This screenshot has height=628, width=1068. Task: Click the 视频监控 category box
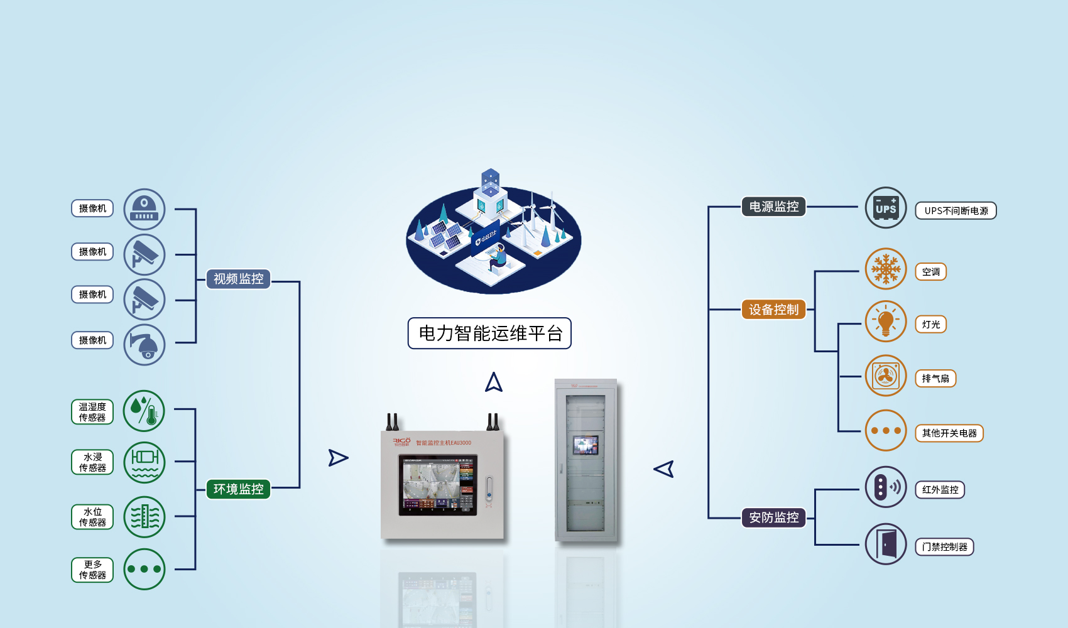(x=238, y=279)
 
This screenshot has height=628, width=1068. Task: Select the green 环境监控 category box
(x=238, y=489)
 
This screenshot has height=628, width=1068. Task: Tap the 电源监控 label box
(x=773, y=207)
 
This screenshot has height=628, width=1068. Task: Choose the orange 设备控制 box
(x=773, y=310)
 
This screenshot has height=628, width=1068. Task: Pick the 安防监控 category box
(x=773, y=517)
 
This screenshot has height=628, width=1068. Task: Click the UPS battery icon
(x=886, y=208)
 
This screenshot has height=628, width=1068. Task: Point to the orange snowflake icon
(x=886, y=269)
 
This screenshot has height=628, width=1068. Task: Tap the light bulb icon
(x=886, y=322)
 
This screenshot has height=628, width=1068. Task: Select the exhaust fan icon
(x=886, y=376)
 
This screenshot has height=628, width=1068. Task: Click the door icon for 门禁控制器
(x=886, y=544)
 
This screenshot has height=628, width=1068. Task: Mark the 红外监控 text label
(x=940, y=490)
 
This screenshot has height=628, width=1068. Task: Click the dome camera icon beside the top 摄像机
(x=144, y=209)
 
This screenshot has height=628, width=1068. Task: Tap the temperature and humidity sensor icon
(x=144, y=411)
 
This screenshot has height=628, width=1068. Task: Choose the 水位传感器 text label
(x=92, y=517)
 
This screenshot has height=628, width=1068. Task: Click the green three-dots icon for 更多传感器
(x=144, y=569)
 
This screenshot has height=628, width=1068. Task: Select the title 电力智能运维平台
(x=489, y=333)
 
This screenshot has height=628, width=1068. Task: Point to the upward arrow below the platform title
(x=494, y=382)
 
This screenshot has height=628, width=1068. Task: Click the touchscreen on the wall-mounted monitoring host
(x=437, y=485)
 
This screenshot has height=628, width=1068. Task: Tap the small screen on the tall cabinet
(x=586, y=445)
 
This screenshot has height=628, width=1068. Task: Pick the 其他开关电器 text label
(x=949, y=433)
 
